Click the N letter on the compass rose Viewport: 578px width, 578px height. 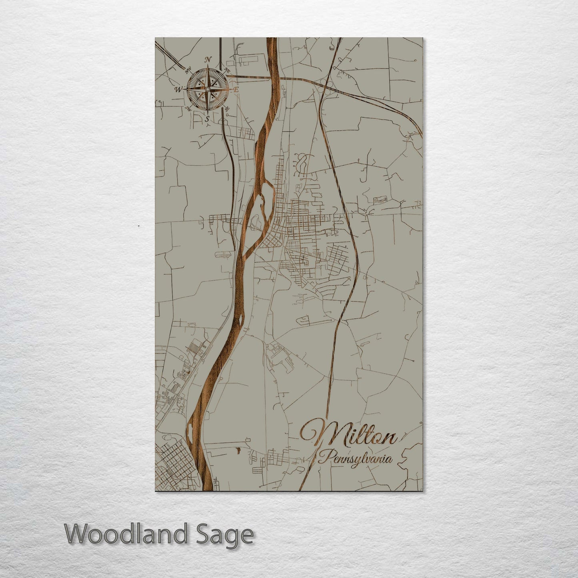208,60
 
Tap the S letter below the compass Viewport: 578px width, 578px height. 207,118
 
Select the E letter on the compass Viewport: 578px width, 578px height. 236,90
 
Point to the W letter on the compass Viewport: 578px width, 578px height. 178,89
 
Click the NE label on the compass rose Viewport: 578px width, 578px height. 228,70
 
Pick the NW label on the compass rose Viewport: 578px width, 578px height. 186,71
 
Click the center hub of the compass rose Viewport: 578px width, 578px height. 207,89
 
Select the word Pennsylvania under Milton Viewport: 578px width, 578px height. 355,457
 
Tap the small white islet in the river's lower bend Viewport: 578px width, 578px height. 190,432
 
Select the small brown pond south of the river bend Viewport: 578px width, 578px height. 238,450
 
